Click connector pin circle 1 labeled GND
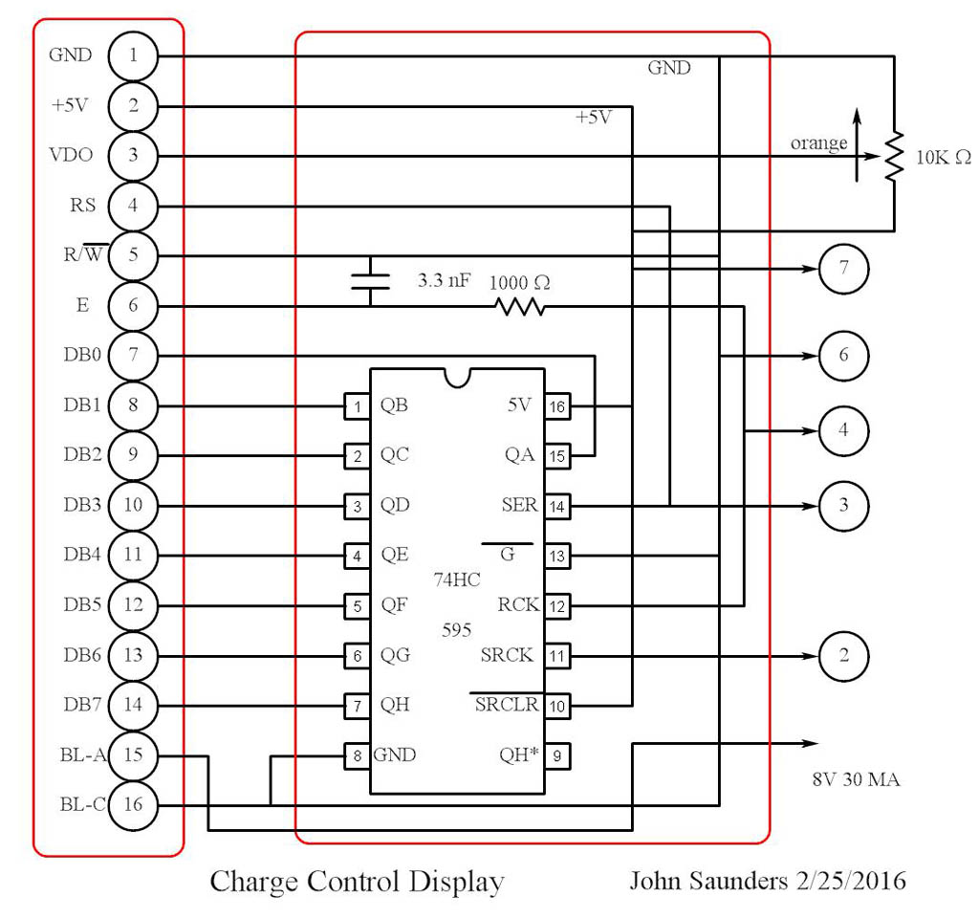coord(133,55)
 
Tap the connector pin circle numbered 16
coord(133,805)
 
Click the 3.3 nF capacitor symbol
coord(370,280)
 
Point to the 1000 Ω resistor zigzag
coord(518,307)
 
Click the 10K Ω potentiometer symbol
coord(894,157)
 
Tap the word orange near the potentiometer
coord(818,143)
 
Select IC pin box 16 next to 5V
coord(556,405)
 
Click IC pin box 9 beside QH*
coord(556,755)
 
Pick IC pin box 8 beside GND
coord(357,755)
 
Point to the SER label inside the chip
coord(519,505)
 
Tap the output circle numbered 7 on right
coord(843,269)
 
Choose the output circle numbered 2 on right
coord(843,656)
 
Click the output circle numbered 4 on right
coord(843,430)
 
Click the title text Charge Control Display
coord(357,881)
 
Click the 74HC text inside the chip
coord(457,579)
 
